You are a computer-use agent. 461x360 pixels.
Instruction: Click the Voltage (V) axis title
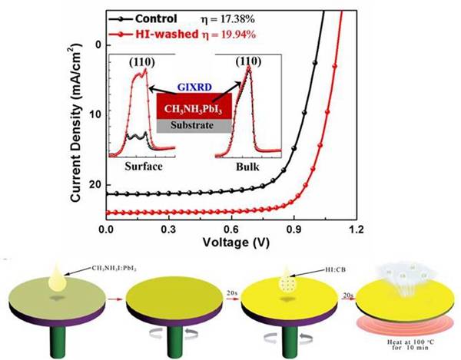(230, 241)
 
